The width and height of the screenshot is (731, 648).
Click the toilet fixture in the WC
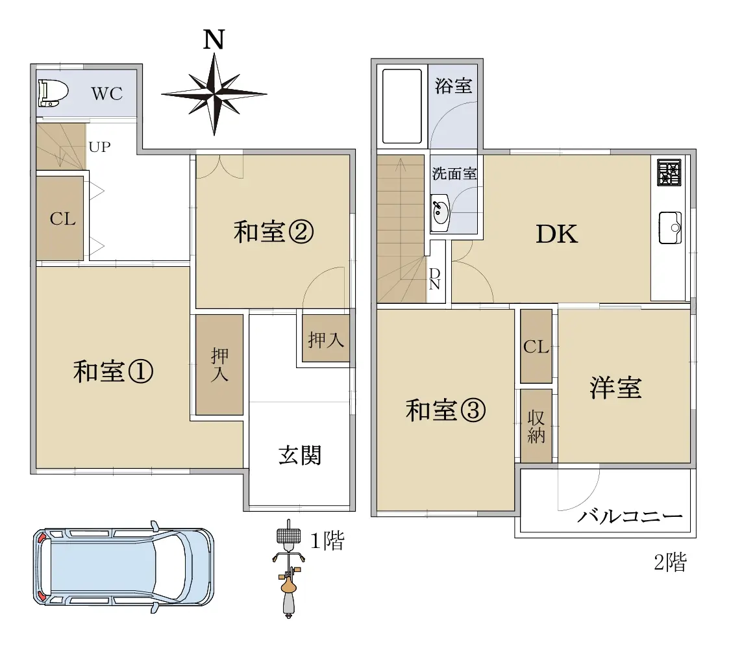(x=53, y=92)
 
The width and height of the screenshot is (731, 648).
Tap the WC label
(x=106, y=93)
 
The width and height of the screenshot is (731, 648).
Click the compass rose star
(x=214, y=94)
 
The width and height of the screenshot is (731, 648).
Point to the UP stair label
(x=100, y=147)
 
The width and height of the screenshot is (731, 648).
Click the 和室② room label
(x=273, y=232)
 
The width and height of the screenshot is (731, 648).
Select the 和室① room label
(x=113, y=371)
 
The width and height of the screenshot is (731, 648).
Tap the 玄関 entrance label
(x=300, y=455)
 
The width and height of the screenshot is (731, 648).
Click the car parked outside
(x=123, y=566)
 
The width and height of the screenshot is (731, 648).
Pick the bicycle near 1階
(x=289, y=569)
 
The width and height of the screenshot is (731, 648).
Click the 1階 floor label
(x=327, y=541)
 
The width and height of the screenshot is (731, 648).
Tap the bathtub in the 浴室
(x=402, y=106)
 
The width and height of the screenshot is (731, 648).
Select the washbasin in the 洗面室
(x=440, y=212)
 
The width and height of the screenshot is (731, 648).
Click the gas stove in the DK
(x=669, y=173)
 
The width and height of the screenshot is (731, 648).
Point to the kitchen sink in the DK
(x=671, y=227)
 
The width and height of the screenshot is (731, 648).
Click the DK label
(x=556, y=234)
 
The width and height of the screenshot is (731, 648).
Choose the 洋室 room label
(x=615, y=388)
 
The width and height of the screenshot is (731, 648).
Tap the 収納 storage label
(x=536, y=427)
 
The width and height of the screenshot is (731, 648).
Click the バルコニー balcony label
(x=630, y=517)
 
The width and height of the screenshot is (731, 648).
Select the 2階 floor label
(x=671, y=562)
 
